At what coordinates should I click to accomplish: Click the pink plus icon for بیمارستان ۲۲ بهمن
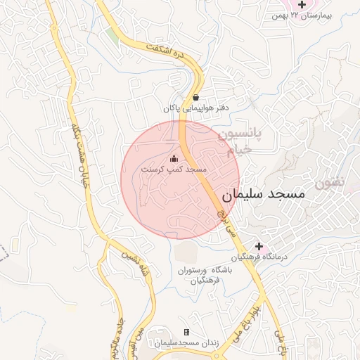(302, 5)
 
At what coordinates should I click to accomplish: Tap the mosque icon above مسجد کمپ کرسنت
(174, 159)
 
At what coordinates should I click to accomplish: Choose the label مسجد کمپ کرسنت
(173, 170)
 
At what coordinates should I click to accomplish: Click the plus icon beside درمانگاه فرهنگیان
(259, 247)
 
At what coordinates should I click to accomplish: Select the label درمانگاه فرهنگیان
(262, 258)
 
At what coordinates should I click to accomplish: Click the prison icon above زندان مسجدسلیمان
(186, 332)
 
